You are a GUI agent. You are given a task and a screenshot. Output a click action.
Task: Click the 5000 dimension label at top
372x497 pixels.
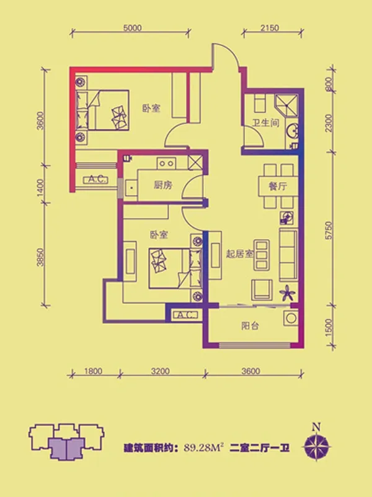tap(132, 28)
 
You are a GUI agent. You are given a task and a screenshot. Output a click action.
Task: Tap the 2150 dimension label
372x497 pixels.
tap(270, 28)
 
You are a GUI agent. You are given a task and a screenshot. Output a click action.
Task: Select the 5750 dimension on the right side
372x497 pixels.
tap(329, 230)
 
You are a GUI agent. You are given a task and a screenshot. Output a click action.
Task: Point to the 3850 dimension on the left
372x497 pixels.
tap(40, 257)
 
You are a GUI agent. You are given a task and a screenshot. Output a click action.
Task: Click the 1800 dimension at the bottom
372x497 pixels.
tap(93, 371)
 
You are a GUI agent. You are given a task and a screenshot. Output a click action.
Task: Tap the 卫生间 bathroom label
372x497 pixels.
tap(266, 122)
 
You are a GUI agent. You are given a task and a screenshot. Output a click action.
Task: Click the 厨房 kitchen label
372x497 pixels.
tap(163, 185)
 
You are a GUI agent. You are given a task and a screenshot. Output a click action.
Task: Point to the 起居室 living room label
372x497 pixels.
tap(240, 253)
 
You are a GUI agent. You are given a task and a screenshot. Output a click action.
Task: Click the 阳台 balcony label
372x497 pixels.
tap(250, 326)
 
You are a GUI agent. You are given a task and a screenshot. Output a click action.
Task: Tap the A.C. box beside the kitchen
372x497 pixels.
tap(95, 180)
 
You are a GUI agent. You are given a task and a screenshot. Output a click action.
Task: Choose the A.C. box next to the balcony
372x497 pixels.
tap(185, 315)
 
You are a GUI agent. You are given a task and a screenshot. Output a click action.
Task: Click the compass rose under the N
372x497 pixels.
tap(317, 447)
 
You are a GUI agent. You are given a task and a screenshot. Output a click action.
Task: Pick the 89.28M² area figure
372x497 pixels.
tap(204, 448)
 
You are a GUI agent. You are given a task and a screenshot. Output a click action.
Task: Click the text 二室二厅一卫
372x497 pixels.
tap(260, 448)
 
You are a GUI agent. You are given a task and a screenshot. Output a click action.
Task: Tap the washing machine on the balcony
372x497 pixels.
tap(290, 317)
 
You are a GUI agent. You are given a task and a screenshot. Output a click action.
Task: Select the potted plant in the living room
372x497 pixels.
tap(288, 293)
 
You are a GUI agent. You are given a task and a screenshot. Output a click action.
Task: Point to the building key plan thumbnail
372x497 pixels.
tap(66, 441)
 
